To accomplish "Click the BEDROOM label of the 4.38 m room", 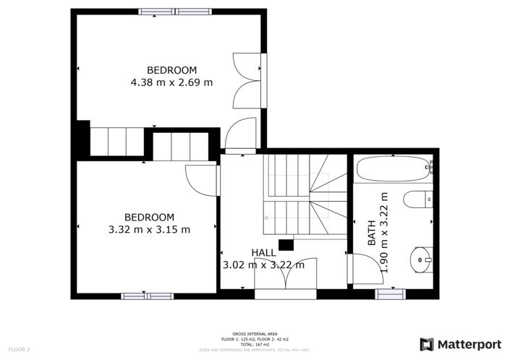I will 171,70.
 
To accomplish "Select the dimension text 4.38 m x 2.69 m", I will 171,82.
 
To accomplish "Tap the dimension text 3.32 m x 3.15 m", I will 149,230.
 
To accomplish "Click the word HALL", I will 263,252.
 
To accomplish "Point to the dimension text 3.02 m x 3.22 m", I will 263,265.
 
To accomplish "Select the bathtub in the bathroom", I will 393,171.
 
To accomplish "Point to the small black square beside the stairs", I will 286,244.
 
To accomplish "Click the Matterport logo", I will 460,344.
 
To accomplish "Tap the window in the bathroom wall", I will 390,293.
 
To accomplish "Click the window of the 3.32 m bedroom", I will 147,296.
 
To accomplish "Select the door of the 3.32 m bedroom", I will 200,179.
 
